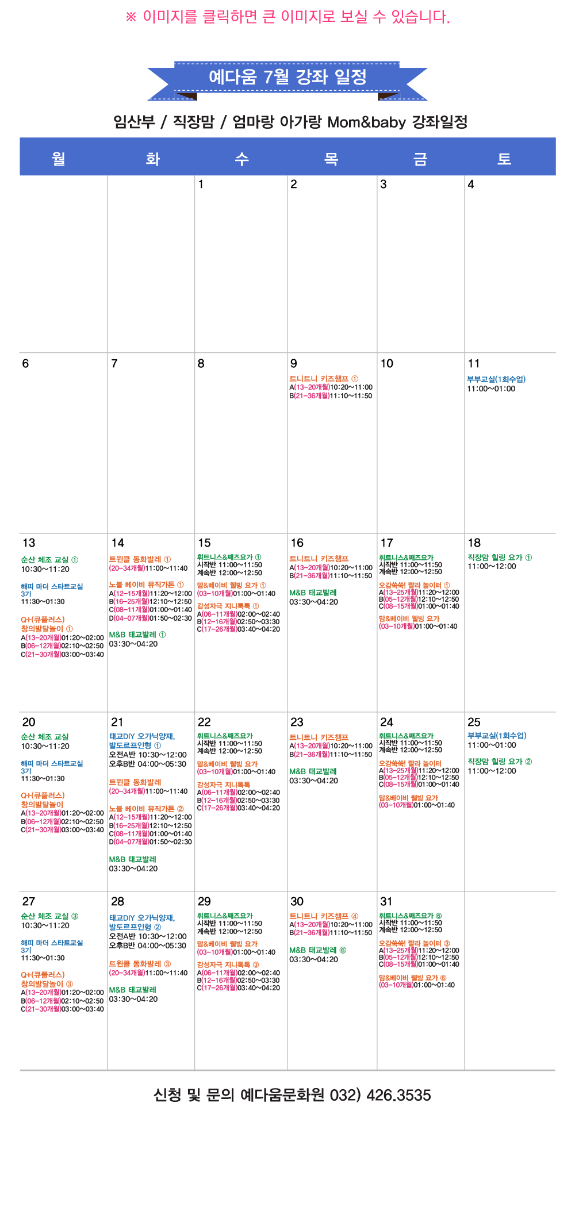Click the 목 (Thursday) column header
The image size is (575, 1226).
pos(331,159)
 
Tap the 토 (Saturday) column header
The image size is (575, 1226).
pos(504,159)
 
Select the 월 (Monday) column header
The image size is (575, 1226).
pos(59,159)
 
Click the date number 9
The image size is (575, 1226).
pos(294,363)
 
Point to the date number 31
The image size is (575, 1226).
pos(386,901)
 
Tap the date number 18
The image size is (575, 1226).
pos(474,543)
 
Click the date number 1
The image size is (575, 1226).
pos(201,184)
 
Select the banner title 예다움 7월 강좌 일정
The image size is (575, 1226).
pos(287,76)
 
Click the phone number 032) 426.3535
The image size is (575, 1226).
pos(380,1095)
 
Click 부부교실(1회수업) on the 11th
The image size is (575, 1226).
pos(496,379)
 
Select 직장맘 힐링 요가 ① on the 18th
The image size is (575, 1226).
pos(500,557)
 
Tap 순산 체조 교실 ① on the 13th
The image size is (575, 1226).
pos(49,559)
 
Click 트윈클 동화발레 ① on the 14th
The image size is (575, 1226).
pos(140,559)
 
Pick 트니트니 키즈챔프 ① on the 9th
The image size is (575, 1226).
pos(324,379)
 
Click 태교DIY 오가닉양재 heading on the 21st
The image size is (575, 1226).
pos(142,736)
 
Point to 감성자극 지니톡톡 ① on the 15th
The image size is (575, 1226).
pos(228,606)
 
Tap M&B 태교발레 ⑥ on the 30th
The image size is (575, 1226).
pos(318,950)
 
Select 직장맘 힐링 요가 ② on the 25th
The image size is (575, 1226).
pos(500,761)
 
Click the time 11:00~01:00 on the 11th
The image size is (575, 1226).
pos(491,389)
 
